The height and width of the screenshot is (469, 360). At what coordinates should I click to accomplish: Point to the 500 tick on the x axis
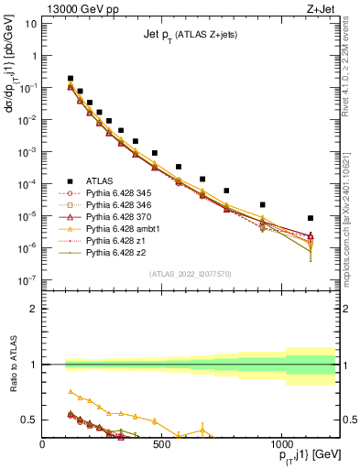click(161, 442)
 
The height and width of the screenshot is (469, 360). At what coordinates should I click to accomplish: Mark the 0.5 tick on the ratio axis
click(27, 420)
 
